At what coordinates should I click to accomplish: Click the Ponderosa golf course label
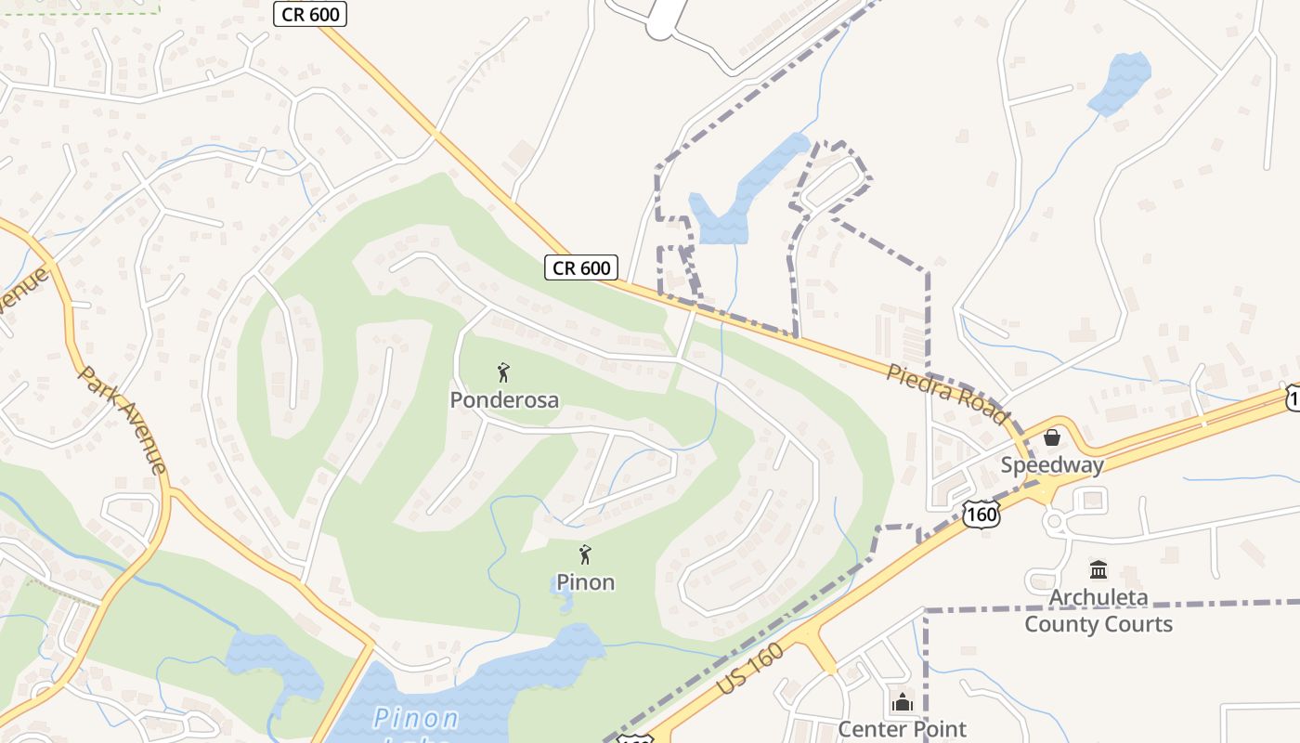coord(504,400)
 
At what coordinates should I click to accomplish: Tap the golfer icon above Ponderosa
coord(503,373)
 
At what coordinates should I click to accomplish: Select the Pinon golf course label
coord(585,582)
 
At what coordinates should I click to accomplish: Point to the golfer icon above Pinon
coord(585,555)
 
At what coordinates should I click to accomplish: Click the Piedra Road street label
coord(946,395)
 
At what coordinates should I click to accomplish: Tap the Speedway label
coord(1052,464)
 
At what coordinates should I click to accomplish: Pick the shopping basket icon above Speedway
coord(1052,437)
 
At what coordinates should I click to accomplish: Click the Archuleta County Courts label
coord(1098,610)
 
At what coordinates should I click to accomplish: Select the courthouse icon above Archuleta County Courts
coord(1098,569)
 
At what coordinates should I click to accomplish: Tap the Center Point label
coord(902,729)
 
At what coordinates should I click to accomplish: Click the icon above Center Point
coord(902,703)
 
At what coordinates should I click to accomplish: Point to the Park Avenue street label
coord(123,419)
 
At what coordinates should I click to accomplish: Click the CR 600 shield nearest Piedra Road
coord(581,268)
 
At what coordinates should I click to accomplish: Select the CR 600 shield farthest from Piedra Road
coord(309,13)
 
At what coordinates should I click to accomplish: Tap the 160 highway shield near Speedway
coord(981,515)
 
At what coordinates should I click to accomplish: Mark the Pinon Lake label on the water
coord(416,719)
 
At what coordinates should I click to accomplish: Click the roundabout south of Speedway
coord(1055,522)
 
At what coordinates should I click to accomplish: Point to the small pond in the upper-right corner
coord(1120,82)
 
